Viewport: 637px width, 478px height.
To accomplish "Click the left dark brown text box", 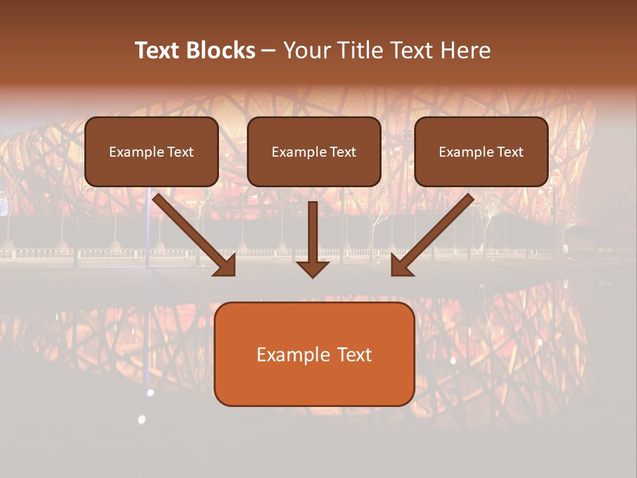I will tap(151, 151).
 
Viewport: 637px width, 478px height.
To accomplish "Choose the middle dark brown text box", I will tap(314, 151).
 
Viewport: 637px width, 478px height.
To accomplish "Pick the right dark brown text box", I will tap(481, 151).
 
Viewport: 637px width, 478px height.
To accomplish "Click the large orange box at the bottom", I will tap(314, 354).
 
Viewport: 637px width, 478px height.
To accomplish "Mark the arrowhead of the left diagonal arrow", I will tap(226, 266).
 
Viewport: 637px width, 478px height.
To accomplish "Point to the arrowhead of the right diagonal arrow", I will tap(401, 266).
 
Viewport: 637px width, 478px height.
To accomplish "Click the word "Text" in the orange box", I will tap(354, 355).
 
